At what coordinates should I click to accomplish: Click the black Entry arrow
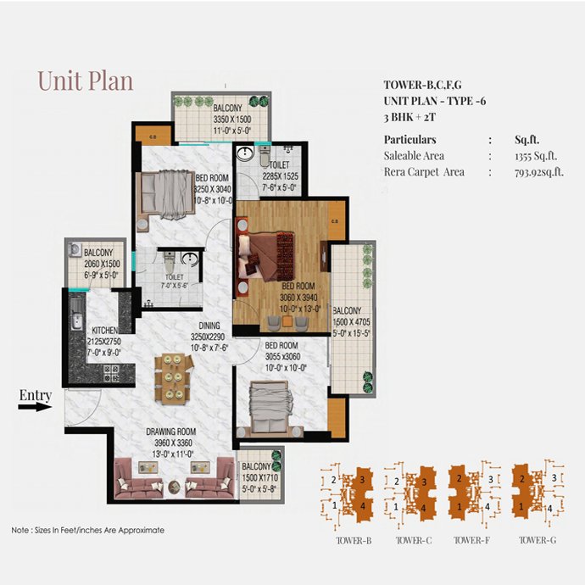point(35,407)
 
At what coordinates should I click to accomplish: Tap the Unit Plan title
point(86,81)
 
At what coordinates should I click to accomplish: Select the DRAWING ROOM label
point(171,432)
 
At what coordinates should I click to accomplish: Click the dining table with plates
point(174,379)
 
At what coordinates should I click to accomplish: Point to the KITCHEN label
point(105,331)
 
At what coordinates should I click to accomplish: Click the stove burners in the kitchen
point(111,373)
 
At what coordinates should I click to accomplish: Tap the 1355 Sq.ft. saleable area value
point(536,156)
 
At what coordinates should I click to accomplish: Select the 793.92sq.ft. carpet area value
point(539,172)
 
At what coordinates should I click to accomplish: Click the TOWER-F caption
point(471,540)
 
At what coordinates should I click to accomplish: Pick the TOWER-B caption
point(354,540)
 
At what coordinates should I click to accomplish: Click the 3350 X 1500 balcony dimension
point(232,120)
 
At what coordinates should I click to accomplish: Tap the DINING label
point(209,326)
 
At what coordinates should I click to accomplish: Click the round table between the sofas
point(174,487)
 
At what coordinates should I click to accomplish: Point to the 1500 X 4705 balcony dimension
point(352,322)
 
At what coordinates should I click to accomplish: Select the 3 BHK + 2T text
point(409,117)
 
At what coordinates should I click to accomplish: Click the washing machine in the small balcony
point(75,249)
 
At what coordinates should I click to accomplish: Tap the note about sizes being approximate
point(87,530)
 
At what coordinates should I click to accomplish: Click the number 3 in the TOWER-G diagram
point(554,477)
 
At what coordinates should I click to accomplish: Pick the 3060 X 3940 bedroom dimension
point(298,298)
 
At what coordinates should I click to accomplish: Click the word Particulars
point(410,140)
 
